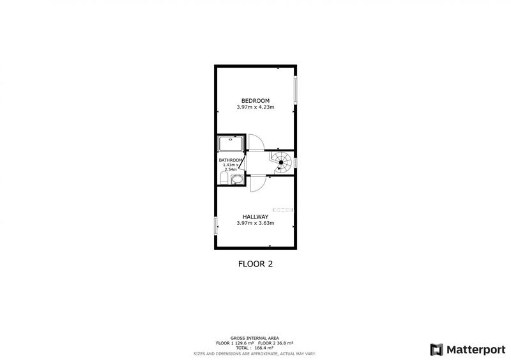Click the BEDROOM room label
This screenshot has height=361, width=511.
tap(255, 100)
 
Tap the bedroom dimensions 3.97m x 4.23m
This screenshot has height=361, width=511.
tap(255, 107)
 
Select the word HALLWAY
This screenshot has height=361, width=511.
tap(255, 217)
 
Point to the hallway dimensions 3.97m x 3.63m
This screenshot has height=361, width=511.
tap(255, 224)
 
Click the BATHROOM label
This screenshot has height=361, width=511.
tap(231, 160)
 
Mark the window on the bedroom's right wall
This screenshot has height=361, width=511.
tap(295, 90)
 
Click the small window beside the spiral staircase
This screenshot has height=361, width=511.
tap(295, 162)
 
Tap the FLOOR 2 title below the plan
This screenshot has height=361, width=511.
tap(255, 263)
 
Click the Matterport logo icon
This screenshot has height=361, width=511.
tap(437, 349)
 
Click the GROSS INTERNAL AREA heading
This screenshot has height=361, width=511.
tap(255, 339)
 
